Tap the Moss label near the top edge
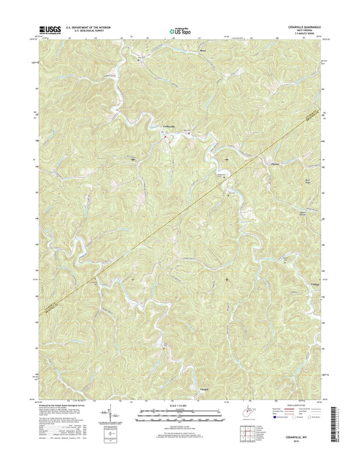tap(203, 51)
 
